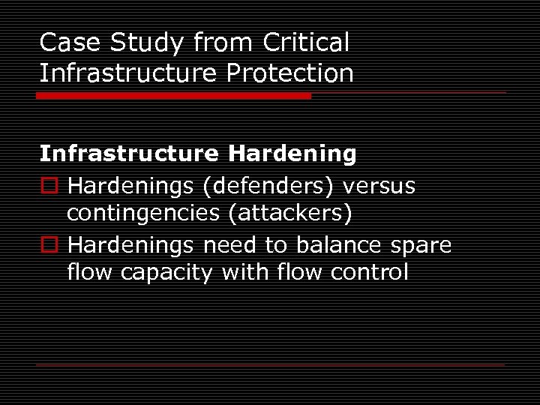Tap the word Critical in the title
pyautogui.click(x=306, y=43)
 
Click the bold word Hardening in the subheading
pyautogui.click(x=292, y=154)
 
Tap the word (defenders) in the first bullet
pyautogui.click(x=256, y=185)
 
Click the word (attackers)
pyautogui.click(x=290, y=214)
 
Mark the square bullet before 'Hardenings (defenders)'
pyautogui.click(x=49, y=185)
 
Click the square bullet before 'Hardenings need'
pyautogui.click(x=49, y=245)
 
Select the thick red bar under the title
pyautogui.click(x=174, y=96)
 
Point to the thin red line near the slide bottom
pyautogui.click(x=271, y=364)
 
